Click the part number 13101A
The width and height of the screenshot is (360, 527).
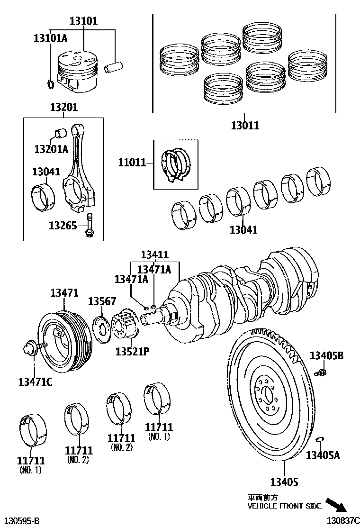(x=50, y=38)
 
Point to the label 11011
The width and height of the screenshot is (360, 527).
(x=132, y=163)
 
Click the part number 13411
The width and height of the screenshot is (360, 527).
(x=154, y=255)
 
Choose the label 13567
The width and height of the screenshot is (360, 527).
(x=102, y=302)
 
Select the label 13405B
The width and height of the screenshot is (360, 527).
(x=326, y=355)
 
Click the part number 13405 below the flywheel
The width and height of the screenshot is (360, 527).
(x=284, y=482)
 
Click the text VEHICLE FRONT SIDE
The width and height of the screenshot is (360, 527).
(x=284, y=506)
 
